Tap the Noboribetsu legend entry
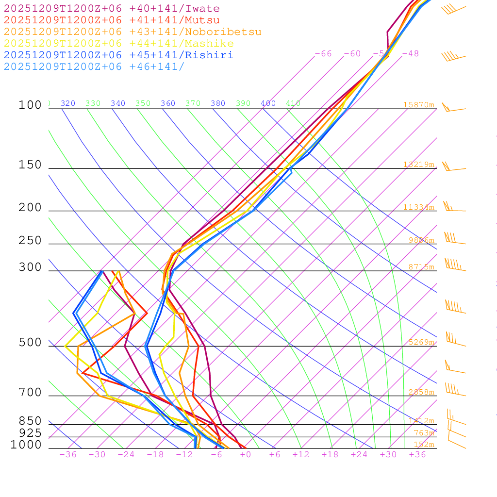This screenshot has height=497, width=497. tap(133, 32)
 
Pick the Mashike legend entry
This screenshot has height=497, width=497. tap(118, 44)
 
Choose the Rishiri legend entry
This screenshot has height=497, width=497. tap(118, 55)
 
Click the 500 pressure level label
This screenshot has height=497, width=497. tap(30, 343)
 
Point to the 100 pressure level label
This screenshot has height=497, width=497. tap(30, 105)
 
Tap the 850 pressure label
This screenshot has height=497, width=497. tap(30, 421)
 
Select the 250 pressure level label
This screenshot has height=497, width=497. tap(30, 241)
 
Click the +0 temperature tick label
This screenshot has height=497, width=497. tap(245, 455)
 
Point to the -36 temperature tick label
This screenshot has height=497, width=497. tap(67, 455)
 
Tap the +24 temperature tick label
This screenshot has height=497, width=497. tap(359, 455)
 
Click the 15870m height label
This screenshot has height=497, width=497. tap(418, 105)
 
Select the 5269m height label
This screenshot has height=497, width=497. tap(421, 342)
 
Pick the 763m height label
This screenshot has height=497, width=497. tap(424, 433)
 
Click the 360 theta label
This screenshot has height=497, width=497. tap(168, 103)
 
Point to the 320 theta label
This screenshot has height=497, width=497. tap(68, 103)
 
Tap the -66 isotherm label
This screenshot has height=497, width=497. tap(323, 54)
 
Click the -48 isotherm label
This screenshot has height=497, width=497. tap(410, 54)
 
